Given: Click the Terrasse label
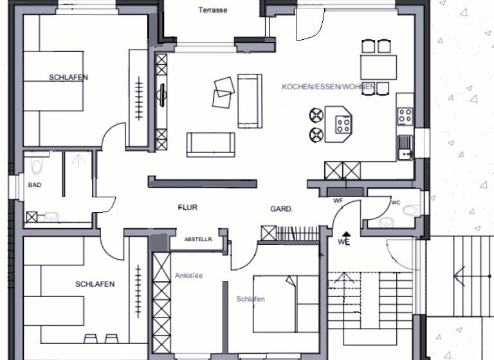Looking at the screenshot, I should (x=212, y=10).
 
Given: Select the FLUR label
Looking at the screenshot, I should (x=187, y=208).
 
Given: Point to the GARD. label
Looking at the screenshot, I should (x=282, y=209).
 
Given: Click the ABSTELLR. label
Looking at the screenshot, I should (x=198, y=239).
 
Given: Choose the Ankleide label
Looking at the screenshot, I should (x=188, y=275).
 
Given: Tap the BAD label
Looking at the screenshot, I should (x=34, y=184).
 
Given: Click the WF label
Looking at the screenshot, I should (x=338, y=201).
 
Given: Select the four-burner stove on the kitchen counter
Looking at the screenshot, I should (x=405, y=116).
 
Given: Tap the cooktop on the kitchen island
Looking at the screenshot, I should (x=343, y=124).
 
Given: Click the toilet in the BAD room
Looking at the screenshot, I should (x=37, y=165).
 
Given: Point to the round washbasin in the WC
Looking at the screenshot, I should (x=387, y=221).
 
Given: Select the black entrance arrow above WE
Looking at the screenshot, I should (x=346, y=235).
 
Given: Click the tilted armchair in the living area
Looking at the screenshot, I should (x=223, y=91).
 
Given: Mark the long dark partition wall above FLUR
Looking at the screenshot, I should (x=203, y=182).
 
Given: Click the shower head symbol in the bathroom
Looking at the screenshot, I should (x=79, y=159).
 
